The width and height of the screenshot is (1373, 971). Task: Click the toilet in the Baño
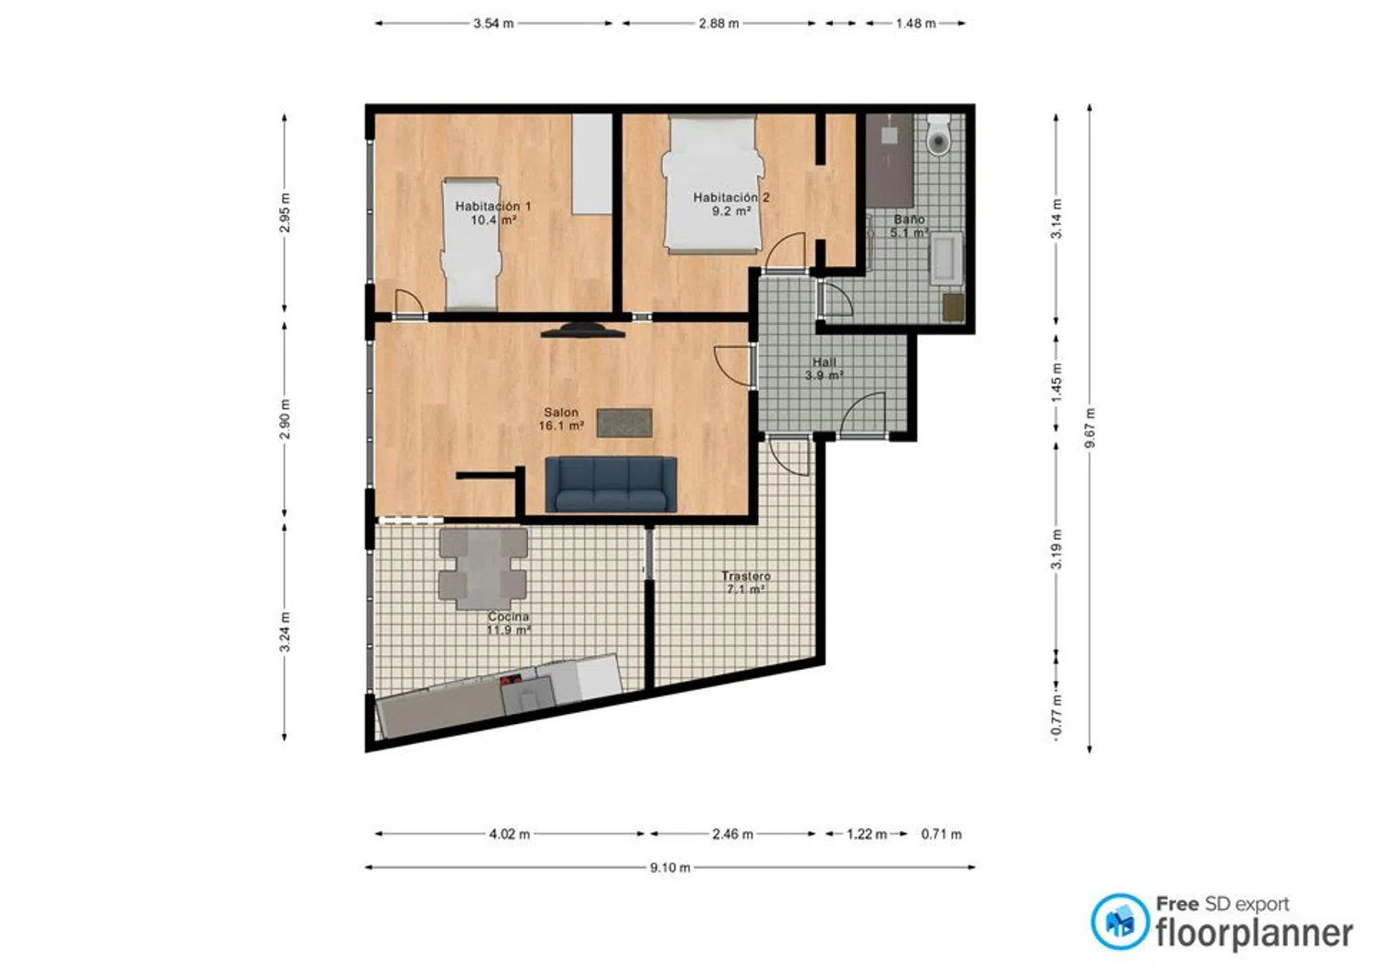pyautogui.click(x=938, y=135)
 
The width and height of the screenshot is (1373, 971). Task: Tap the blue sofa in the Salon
pyautogui.click(x=611, y=484)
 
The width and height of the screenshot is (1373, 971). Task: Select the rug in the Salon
pyautogui.click(x=624, y=423)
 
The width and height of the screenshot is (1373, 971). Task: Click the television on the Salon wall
pyautogui.click(x=583, y=330)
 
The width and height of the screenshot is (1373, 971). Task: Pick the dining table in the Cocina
pyautogui.click(x=483, y=569)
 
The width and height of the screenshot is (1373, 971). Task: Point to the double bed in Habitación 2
pyautogui.click(x=712, y=184)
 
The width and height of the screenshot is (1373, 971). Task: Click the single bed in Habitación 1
pyautogui.click(x=470, y=244)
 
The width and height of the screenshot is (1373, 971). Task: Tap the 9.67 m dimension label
pyautogui.click(x=1090, y=428)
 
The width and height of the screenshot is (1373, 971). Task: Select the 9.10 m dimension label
pyautogui.click(x=670, y=868)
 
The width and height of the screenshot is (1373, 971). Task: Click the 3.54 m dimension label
pyautogui.click(x=493, y=23)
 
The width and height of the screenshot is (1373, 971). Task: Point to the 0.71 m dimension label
pyautogui.click(x=942, y=834)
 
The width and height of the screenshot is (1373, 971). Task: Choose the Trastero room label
pyautogui.click(x=746, y=577)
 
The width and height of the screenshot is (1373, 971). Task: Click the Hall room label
pyautogui.click(x=825, y=361)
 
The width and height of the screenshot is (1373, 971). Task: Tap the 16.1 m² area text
pyautogui.click(x=561, y=426)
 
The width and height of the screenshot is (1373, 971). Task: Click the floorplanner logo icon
pyautogui.click(x=1119, y=922)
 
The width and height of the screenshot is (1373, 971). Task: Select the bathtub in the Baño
pyautogui.click(x=946, y=258)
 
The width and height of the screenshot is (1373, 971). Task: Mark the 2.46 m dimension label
pyautogui.click(x=732, y=834)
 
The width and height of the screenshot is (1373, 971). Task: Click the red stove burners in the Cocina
pyautogui.click(x=511, y=680)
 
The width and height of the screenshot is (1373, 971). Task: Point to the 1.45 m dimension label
pyautogui.click(x=1056, y=383)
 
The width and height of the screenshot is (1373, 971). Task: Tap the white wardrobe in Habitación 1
pyautogui.click(x=592, y=164)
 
